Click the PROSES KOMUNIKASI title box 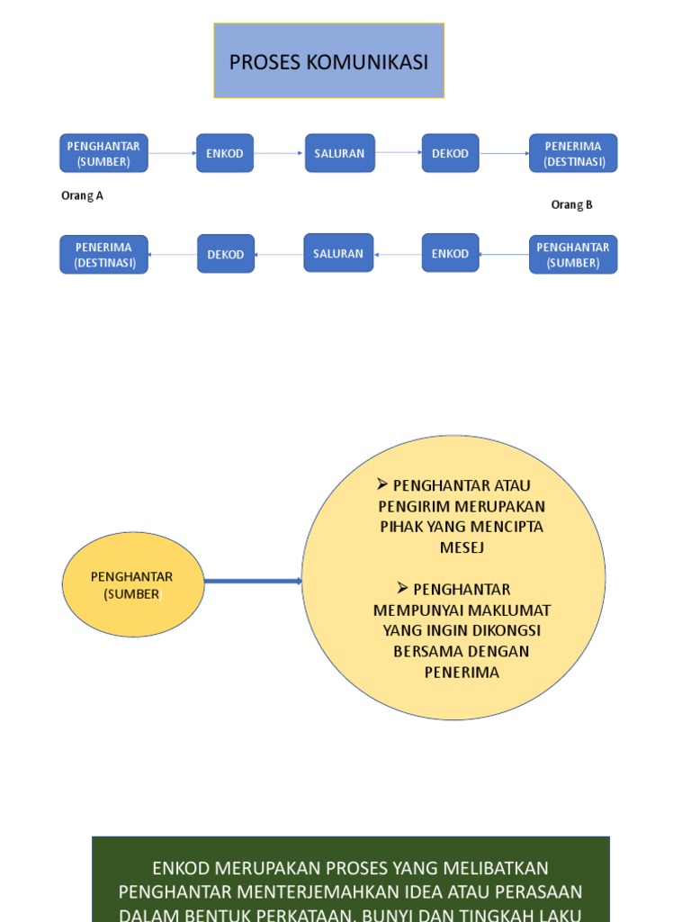pyautogui.click(x=328, y=61)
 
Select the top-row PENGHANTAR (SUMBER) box pyautogui.click(x=103, y=153)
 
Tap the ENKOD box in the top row pyautogui.click(x=225, y=153)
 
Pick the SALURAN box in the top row pyautogui.click(x=339, y=153)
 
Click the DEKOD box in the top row pyautogui.click(x=450, y=153)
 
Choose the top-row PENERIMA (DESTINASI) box pyautogui.click(x=573, y=153)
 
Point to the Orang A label pyautogui.click(x=82, y=195)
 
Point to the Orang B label pyautogui.click(x=571, y=204)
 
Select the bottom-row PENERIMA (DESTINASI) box pyautogui.click(x=103, y=255)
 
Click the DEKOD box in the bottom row pyautogui.click(x=226, y=254)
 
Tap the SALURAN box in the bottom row pyautogui.click(x=338, y=253)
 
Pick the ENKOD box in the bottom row pyautogui.click(x=450, y=253)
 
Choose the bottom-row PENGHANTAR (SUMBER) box pyautogui.click(x=573, y=255)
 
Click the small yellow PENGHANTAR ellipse pyautogui.click(x=132, y=584)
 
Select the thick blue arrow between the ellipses pyautogui.click(x=253, y=581)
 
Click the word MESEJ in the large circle pyautogui.click(x=462, y=547)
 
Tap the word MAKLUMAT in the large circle pyautogui.click(x=512, y=610)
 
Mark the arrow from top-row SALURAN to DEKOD pyautogui.click(x=398, y=153)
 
